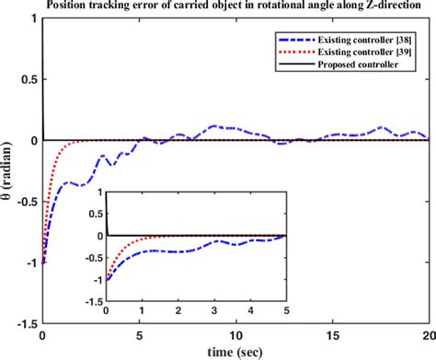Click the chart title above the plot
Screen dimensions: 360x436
[235, 8]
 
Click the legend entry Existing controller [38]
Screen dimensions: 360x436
[356, 40]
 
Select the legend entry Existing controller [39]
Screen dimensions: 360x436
[356, 52]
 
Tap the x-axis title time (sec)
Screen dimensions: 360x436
[234, 351]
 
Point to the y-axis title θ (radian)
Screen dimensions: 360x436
[10, 185]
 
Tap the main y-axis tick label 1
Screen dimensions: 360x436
[34, 19]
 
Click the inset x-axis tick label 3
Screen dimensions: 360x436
[213, 310]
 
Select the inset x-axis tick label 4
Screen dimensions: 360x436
[249, 310]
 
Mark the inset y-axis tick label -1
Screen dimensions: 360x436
[95, 279]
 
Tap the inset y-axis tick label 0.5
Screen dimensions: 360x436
[92, 215]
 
